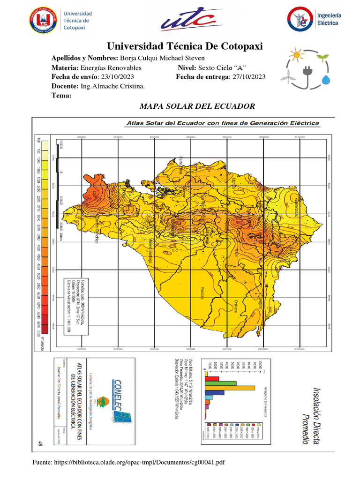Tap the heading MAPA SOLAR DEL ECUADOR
point(197,106)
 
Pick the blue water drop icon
point(325,80)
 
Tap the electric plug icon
point(307,71)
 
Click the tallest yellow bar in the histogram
point(230,388)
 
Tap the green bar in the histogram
point(220,383)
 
